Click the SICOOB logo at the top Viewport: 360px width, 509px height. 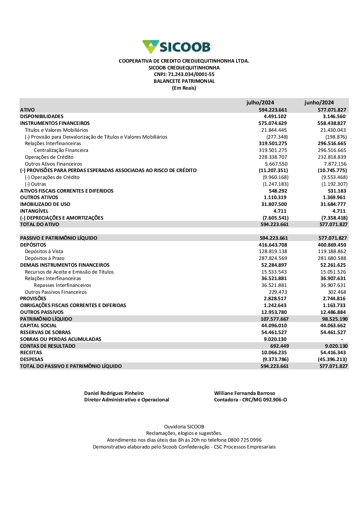[176, 47]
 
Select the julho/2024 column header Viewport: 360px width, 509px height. [260, 103]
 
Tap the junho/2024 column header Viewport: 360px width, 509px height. [319, 103]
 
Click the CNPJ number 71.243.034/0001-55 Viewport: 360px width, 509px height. [191, 75]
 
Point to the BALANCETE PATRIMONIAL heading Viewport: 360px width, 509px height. [184, 81]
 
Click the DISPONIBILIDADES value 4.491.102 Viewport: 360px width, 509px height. [275, 117]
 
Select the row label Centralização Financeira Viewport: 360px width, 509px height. [61, 150]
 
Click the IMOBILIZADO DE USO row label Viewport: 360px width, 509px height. [45, 204]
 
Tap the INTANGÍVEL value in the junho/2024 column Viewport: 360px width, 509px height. [339, 211]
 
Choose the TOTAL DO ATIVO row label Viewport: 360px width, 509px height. [40, 225]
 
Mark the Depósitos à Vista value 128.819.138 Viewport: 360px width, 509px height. [273, 252]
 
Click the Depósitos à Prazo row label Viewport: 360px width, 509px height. [45, 258]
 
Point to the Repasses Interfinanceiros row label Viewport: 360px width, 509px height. [62, 285]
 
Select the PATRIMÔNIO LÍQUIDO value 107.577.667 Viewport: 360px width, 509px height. [274, 319]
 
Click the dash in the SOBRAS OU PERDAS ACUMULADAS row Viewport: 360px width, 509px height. [342, 339]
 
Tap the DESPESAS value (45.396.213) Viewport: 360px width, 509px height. [332, 360]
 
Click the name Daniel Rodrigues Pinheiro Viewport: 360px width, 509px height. [114, 393]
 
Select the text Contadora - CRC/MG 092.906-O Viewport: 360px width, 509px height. [250, 400]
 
